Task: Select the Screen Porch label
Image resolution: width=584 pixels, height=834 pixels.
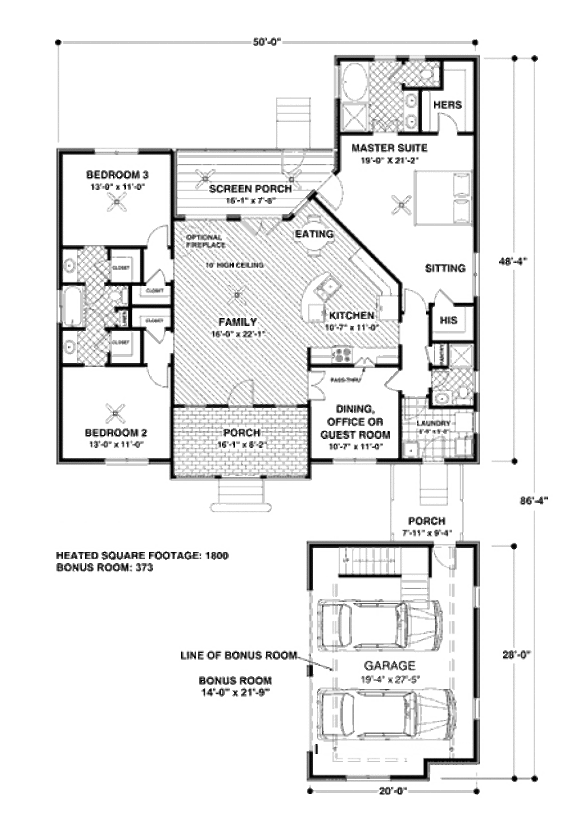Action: [x=250, y=188]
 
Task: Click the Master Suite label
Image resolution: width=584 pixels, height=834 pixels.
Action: [x=389, y=148]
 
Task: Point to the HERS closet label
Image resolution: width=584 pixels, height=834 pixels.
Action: [x=447, y=105]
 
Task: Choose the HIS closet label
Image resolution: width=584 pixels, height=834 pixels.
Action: [x=449, y=320]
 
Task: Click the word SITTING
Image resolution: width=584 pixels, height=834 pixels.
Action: [x=445, y=268]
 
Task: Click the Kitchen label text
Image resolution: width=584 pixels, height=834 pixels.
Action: [x=351, y=315]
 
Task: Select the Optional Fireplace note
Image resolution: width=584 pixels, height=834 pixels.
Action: [x=205, y=241]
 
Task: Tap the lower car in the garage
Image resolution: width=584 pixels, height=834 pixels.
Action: [x=386, y=714]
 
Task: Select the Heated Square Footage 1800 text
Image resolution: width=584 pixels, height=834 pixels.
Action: [x=142, y=555]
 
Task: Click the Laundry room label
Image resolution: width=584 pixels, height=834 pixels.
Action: [x=433, y=424]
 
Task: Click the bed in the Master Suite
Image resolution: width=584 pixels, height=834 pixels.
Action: [x=443, y=198]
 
